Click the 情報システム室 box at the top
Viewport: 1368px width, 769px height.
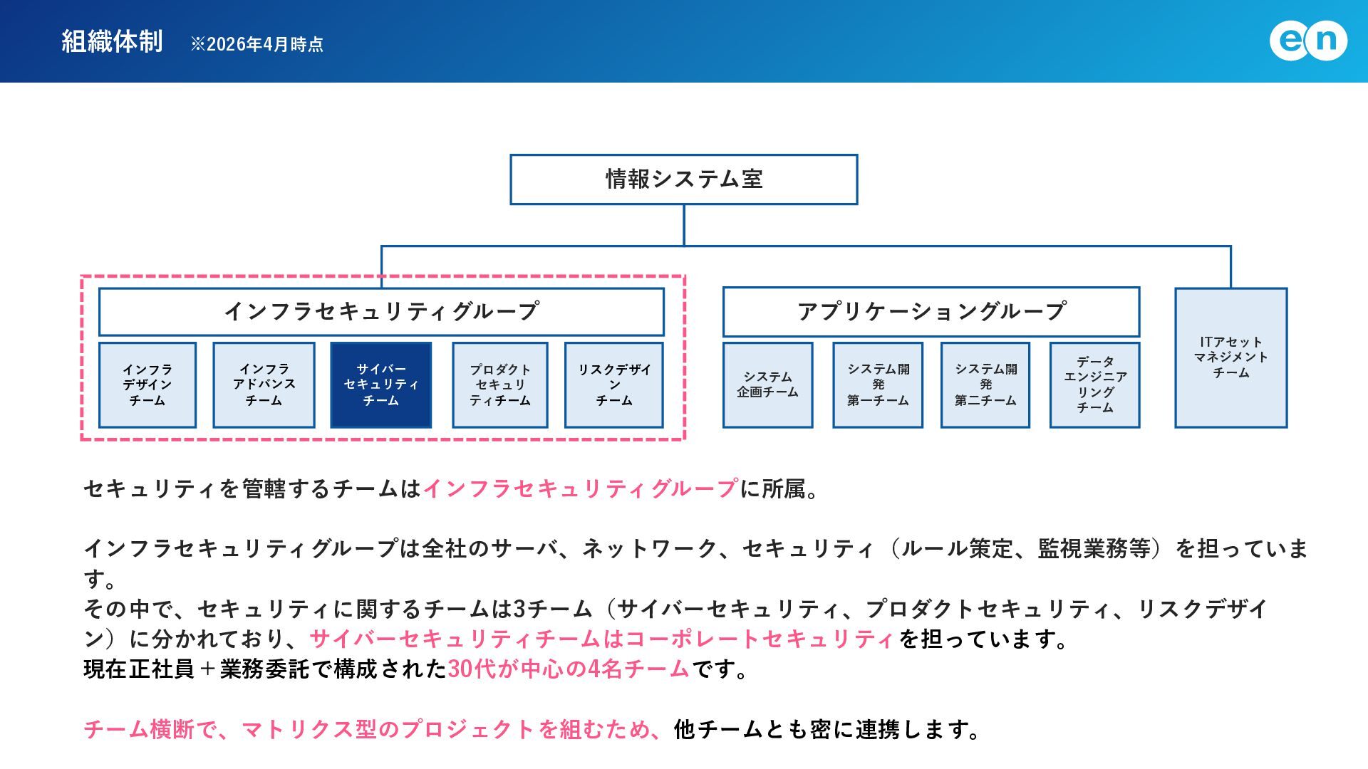pos(684,179)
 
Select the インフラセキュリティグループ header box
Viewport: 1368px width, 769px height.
pos(381,312)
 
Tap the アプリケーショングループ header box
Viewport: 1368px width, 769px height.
pos(931,312)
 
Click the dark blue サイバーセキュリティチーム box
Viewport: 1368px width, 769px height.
pos(381,385)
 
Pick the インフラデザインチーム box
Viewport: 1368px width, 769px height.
pos(147,385)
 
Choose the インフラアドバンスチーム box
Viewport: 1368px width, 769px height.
pos(264,385)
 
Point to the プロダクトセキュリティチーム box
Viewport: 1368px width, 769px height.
pos(500,385)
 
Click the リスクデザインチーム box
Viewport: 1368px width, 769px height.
pos(614,385)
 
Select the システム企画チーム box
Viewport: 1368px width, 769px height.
pos(768,385)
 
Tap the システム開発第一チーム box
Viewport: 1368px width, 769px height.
pos(878,385)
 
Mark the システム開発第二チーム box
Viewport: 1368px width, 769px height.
pos(985,385)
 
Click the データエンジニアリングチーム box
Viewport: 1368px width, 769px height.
pos(1095,385)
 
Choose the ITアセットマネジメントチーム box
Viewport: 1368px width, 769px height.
pos(1231,357)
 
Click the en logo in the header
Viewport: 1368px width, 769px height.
pos(1308,41)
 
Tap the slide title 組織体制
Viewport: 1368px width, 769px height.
pos(112,41)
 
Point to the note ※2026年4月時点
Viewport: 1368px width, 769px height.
pos(256,44)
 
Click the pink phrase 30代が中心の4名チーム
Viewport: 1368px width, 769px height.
pos(569,669)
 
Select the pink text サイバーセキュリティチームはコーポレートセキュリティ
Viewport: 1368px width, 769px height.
pos(602,639)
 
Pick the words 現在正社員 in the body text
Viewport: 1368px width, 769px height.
pos(139,669)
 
